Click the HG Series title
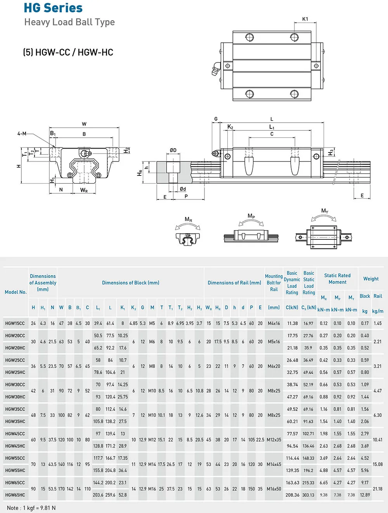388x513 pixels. tap(53, 8)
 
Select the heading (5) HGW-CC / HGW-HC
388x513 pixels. tap(68, 52)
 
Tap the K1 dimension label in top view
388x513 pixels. tap(305, 19)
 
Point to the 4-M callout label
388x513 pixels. tap(22, 133)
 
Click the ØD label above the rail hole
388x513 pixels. tap(173, 150)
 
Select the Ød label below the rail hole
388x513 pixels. tap(183, 189)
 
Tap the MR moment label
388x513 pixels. tap(189, 220)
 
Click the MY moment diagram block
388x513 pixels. tap(323, 237)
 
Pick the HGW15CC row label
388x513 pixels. tap(15, 323)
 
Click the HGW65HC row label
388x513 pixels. tap(15, 495)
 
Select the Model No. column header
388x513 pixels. tap(16, 292)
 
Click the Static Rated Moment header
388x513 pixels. tap(337, 279)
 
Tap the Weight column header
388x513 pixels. tap(371, 279)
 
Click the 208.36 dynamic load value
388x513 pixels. tap(292, 495)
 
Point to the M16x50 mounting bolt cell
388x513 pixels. tap(274, 489)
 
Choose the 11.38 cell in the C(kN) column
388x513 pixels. tap(292, 323)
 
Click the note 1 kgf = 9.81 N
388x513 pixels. tap(31, 508)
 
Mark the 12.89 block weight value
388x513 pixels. tap(365, 495)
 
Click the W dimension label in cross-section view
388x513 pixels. tap(84, 124)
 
